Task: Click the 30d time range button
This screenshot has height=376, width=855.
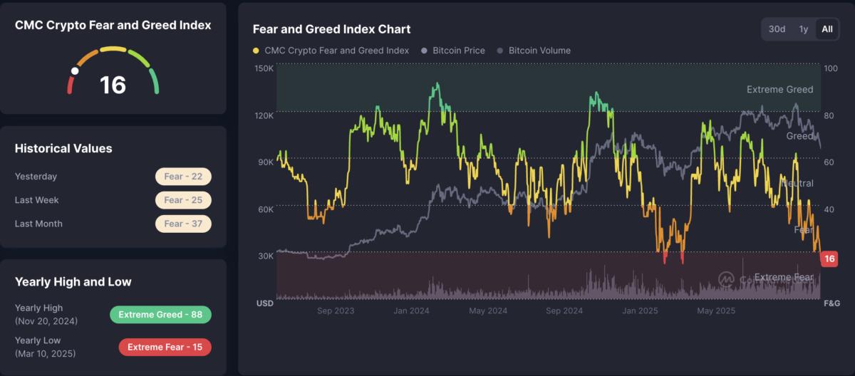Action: click(777, 29)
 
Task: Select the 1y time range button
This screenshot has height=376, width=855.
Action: click(804, 29)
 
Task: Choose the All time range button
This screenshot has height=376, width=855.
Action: click(827, 29)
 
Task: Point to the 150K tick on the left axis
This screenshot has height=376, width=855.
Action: click(264, 68)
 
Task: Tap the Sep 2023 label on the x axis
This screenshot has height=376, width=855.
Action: click(336, 311)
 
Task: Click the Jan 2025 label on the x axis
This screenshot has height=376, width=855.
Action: click(639, 311)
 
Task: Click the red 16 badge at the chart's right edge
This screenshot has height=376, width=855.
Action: click(829, 259)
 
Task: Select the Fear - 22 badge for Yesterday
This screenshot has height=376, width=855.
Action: click(183, 177)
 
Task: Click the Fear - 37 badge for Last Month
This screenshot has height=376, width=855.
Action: click(183, 224)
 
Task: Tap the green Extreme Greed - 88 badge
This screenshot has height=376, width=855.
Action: click(160, 315)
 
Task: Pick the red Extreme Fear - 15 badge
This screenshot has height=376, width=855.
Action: click(165, 347)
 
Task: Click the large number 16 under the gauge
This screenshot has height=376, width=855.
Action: click(113, 85)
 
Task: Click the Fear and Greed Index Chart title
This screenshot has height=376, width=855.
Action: click(331, 29)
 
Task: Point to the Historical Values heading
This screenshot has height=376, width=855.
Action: click(63, 148)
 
